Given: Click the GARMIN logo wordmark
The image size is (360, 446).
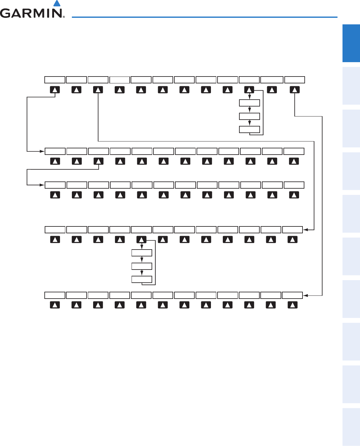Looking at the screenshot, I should pyautogui.click(x=31, y=13).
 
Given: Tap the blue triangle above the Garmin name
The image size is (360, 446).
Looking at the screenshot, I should pyautogui.click(x=57, y=3).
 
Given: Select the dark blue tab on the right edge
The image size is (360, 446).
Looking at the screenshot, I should pyautogui.click(x=351, y=43).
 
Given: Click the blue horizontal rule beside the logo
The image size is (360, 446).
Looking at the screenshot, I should pyautogui.click(x=205, y=17).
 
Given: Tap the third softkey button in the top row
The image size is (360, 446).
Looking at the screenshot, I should pyautogui.click(x=98, y=90).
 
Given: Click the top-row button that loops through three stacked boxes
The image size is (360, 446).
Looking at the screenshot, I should pyautogui.click(x=249, y=90).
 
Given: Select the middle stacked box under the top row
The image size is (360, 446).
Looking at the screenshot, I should pyautogui.click(x=249, y=116).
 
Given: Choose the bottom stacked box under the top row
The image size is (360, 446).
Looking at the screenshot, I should pyautogui.click(x=249, y=129).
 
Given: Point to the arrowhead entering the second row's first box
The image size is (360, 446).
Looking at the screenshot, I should pyautogui.click(x=42, y=151).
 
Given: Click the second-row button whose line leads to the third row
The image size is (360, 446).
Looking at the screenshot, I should pyautogui.click(x=98, y=161).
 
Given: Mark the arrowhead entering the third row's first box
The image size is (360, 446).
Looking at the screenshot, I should pyautogui.click(x=42, y=185).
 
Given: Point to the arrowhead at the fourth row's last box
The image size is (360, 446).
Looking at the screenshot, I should pyautogui.click(x=305, y=230).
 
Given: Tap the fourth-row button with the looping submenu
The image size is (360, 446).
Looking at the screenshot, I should pyautogui.click(x=142, y=240).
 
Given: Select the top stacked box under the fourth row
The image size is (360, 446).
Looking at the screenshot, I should pyautogui.click(x=142, y=253).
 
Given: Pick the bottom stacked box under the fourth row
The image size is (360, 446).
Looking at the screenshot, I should pyautogui.click(x=142, y=279).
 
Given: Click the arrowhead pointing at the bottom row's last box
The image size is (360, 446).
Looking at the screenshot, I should pyautogui.click(x=305, y=295).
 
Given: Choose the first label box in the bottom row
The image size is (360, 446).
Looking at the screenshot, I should pyautogui.click(x=55, y=295).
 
